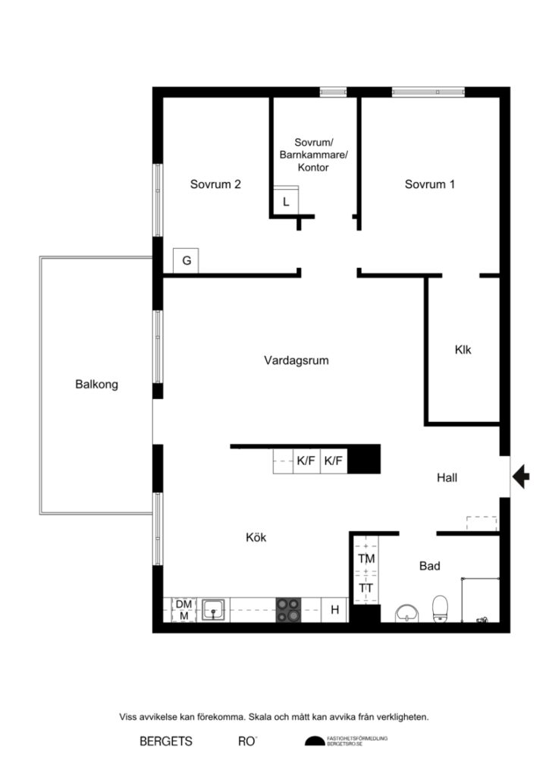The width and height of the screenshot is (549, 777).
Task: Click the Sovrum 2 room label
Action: (215, 184)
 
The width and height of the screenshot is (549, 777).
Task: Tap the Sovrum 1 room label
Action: (430, 184)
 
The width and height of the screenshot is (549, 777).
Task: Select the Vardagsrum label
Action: (296, 360)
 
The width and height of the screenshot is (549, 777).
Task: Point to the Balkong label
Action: (96, 384)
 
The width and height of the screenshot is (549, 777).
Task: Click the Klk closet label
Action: (463, 351)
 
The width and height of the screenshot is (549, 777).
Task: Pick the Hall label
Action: (447, 477)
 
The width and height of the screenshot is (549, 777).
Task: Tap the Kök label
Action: (256, 537)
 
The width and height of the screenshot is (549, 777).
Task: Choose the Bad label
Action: (430, 565)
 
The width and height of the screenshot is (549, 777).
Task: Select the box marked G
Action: (186, 261)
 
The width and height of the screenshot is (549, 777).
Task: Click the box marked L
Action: (286, 202)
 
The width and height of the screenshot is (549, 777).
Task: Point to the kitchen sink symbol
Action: (214, 609)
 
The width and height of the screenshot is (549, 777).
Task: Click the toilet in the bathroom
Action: (439, 609)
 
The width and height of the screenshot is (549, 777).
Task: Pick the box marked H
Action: (334, 609)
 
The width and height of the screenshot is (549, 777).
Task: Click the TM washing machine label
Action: (366, 559)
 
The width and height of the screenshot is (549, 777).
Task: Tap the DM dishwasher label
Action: (184, 604)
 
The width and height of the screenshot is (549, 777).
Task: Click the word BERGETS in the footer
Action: (166, 741)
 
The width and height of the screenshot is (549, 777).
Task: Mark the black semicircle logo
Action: (314, 741)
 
